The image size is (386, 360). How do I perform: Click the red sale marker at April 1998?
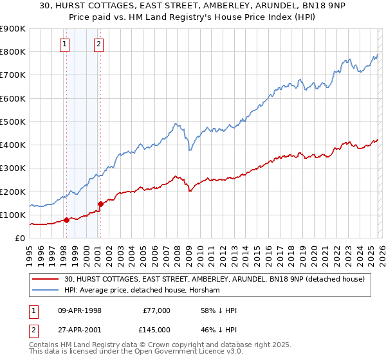click(66, 220)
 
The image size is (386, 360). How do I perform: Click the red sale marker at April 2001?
click(100, 204)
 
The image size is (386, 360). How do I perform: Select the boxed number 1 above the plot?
click(66, 44)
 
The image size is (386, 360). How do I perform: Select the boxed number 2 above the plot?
click(98, 44)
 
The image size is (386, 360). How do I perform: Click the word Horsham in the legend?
click(205, 290)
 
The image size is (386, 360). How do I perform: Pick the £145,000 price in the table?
click(156, 329)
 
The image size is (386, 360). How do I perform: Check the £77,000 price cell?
click(156, 310)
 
